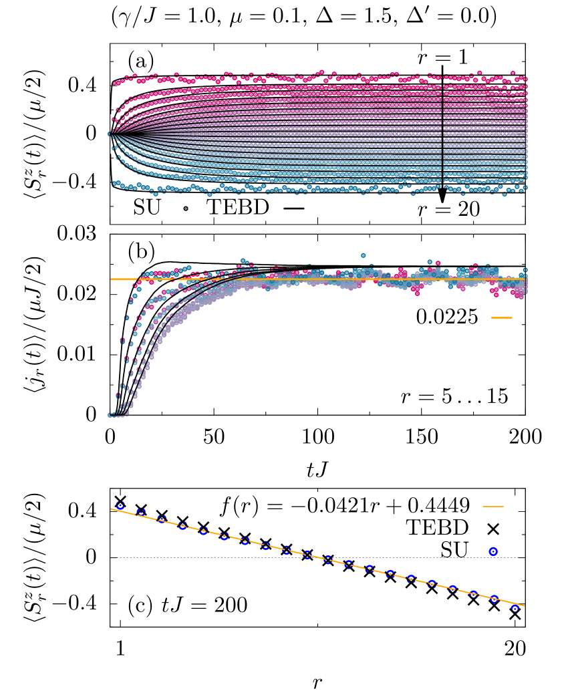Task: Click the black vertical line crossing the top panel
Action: point(442,130)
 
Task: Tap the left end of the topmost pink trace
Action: point(115,83)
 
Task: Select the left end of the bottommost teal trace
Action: point(115,183)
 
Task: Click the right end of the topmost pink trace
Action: point(525,78)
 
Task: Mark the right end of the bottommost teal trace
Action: point(525,188)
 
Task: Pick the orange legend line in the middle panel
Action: point(501,317)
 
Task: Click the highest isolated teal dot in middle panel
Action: point(363,255)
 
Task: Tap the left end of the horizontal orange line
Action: point(112,279)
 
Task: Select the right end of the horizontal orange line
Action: point(525,279)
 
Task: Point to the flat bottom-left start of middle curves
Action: point(115,414)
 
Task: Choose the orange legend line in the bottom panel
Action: point(492,507)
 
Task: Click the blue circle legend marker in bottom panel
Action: point(493,551)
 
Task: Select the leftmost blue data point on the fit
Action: point(120,505)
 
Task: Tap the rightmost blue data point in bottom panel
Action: point(515,608)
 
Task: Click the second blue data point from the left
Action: point(141,513)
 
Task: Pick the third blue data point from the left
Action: point(162,519)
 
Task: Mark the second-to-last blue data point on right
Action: point(494,599)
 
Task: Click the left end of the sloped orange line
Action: point(112,509)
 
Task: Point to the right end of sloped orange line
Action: point(525,606)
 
